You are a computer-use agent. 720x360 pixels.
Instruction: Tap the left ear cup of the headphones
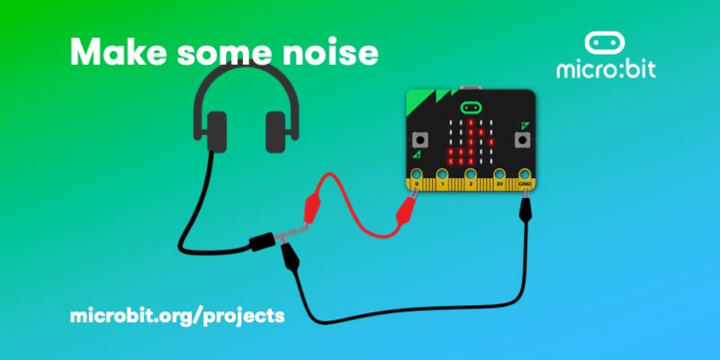216,131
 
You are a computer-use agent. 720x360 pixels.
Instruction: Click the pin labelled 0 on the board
417,175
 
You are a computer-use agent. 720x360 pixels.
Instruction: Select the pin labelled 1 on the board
444,175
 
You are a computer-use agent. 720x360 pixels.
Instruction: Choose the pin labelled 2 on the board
471,175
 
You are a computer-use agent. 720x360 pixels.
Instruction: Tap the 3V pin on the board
499,175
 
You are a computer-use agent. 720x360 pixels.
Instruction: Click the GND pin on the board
526,175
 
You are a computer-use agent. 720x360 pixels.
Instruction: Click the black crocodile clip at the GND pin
527,207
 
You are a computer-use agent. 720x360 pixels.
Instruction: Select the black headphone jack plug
262,240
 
